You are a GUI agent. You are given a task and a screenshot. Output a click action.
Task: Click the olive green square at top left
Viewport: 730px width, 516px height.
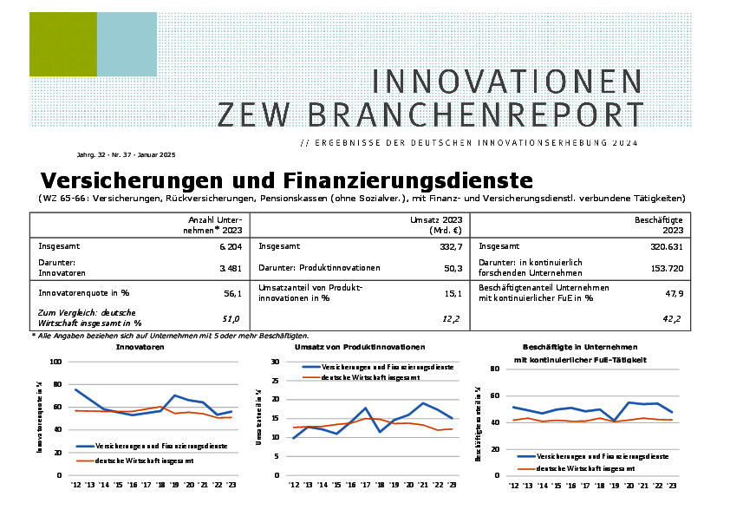[62, 44]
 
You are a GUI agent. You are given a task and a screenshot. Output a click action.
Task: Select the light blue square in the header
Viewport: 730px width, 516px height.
[127, 44]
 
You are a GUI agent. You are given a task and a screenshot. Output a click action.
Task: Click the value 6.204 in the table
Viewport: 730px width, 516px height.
[228, 246]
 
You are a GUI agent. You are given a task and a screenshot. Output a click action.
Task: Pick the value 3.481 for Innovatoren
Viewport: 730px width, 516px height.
[228, 269]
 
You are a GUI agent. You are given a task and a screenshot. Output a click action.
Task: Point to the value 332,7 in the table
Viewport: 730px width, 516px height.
[447, 246]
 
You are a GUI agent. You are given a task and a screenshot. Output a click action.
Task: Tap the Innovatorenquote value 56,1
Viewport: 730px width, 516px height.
[231, 294]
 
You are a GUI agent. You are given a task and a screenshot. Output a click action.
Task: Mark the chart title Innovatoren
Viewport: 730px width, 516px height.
[140, 347]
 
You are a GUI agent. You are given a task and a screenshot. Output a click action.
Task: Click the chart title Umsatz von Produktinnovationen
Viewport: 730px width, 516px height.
[360, 347]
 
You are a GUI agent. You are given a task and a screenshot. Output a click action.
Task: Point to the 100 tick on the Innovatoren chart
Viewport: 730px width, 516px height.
[55, 362]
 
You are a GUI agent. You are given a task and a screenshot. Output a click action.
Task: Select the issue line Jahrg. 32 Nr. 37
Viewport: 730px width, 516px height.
[126, 154]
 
